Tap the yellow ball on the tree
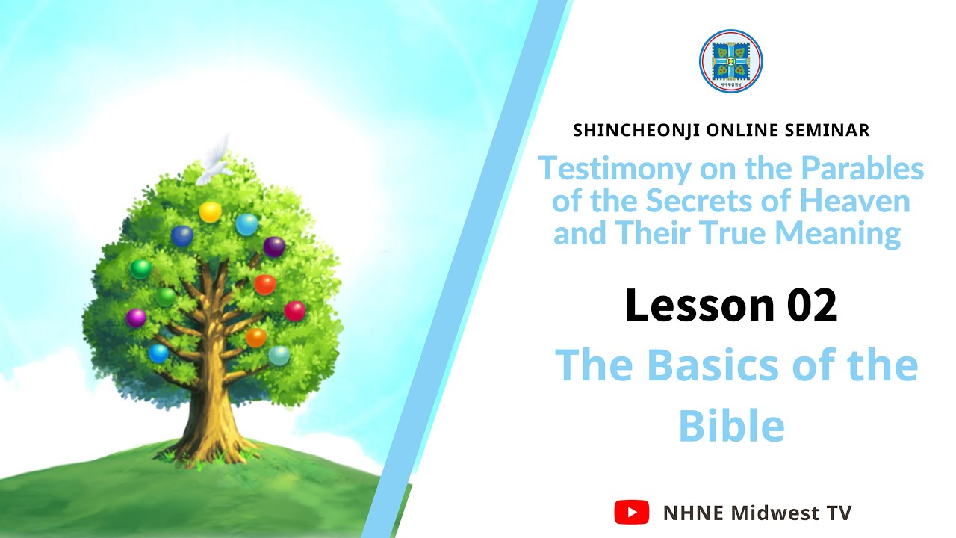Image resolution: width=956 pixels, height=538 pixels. tap(210, 211)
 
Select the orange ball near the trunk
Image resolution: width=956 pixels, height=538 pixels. tap(255, 337)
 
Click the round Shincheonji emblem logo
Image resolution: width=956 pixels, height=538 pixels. tap(730, 62)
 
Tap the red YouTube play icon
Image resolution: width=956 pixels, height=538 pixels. tap(631, 513)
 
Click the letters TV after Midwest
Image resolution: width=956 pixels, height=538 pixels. tap(837, 513)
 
